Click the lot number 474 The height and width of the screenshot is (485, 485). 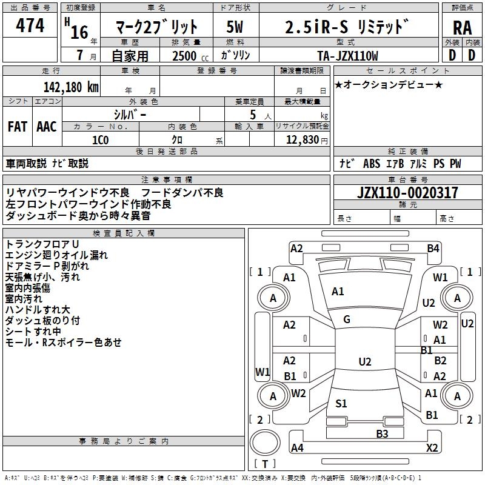click(30, 25)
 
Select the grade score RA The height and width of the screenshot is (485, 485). click(462, 28)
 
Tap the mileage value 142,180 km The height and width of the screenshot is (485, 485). click(71, 87)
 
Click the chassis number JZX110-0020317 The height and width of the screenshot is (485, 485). click(407, 192)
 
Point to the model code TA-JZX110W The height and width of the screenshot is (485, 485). click(347, 56)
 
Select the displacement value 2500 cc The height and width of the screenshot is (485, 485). click(190, 56)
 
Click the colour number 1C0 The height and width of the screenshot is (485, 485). click(100, 140)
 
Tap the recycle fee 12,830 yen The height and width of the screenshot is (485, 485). click(307, 140)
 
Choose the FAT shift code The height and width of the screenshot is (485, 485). click(18, 127)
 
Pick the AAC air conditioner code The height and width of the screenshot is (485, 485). click(47, 127)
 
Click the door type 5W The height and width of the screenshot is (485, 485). click(235, 27)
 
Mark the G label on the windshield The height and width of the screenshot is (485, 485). click(347, 319)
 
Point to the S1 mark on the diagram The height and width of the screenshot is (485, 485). click(341, 403)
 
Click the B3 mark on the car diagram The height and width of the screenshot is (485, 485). click(382, 433)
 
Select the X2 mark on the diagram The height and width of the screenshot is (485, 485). click(432, 447)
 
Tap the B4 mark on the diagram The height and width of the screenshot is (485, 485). click(433, 249)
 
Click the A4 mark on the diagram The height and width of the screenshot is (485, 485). click(297, 447)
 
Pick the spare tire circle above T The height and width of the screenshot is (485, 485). click(265, 443)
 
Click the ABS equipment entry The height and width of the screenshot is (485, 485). click(372, 163)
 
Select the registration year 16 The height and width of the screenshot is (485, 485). click(79, 32)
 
